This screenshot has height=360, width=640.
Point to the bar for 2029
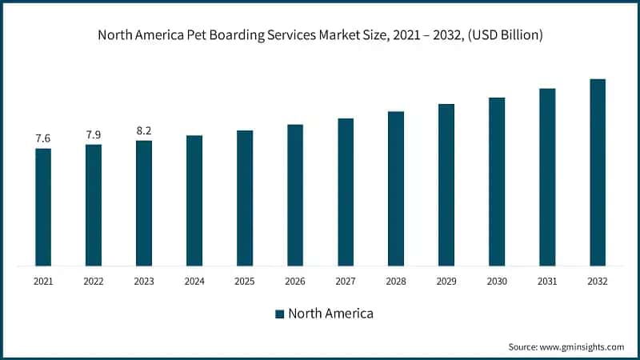[446, 185]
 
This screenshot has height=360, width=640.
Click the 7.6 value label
[43, 139]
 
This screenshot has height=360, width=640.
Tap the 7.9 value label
[94, 134]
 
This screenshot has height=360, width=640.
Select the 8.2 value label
[144, 130]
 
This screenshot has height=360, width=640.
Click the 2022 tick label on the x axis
[94, 281]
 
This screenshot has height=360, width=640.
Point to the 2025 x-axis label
[245, 281]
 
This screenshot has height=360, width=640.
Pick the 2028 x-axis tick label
[396, 281]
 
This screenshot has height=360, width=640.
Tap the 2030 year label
[497, 281]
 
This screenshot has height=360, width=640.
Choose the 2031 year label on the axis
[547, 281]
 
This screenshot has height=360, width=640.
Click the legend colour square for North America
[279, 314]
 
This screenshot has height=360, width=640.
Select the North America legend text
[330, 314]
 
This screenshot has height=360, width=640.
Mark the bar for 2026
[295, 195]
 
